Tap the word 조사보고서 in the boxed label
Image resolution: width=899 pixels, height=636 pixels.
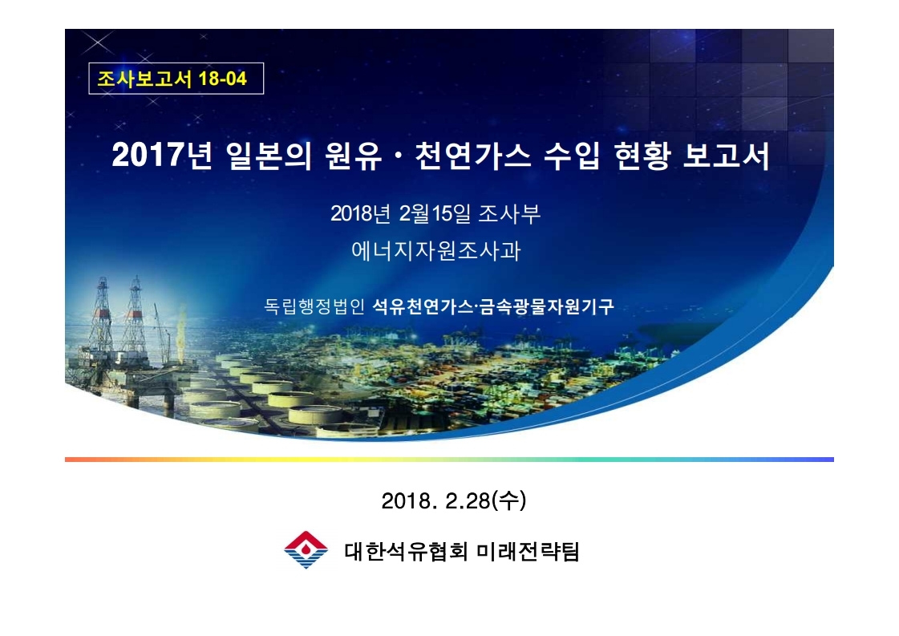(144, 79)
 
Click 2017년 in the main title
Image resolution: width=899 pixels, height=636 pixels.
(162, 155)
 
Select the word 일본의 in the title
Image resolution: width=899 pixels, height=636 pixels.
(269, 156)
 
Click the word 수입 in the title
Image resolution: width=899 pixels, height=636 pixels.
(572, 156)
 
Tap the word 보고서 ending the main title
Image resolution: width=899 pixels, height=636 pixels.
(726, 156)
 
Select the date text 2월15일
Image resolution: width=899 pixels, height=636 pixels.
(435, 213)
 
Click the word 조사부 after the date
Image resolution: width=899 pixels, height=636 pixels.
(509, 213)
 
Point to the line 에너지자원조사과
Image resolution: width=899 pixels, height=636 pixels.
(435, 250)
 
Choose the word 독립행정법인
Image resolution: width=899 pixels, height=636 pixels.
(314, 306)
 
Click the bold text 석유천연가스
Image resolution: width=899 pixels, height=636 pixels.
(423, 306)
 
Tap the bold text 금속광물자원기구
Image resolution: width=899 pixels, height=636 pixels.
(546, 306)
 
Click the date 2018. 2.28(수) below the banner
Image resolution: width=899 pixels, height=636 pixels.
(454, 500)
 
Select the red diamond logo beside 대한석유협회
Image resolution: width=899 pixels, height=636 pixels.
(306, 549)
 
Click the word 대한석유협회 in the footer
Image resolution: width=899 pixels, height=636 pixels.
(406, 551)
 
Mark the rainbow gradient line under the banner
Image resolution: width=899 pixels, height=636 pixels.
(449, 460)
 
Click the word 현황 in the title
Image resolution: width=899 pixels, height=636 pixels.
(642, 156)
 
